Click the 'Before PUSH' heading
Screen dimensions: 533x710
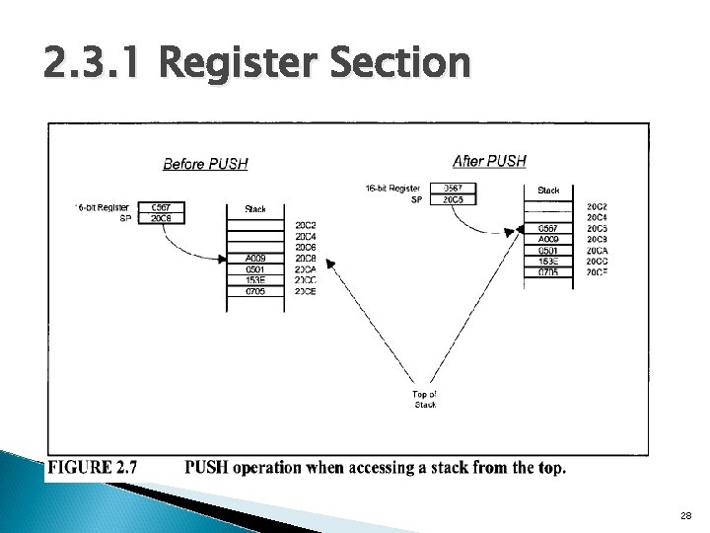point(204,164)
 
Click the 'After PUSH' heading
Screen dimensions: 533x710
point(489,161)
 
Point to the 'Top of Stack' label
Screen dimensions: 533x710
point(425,399)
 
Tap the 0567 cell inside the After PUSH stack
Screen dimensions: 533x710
point(548,228)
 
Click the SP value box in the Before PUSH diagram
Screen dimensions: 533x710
point(162,218)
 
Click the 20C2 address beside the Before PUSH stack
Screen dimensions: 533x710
point(305,226)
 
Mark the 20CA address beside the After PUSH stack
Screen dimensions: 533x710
point(597,250)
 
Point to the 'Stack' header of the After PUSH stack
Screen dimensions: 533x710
point(548,190)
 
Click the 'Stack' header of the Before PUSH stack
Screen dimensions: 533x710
point(254,209)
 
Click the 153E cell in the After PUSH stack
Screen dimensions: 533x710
point(548,261)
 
